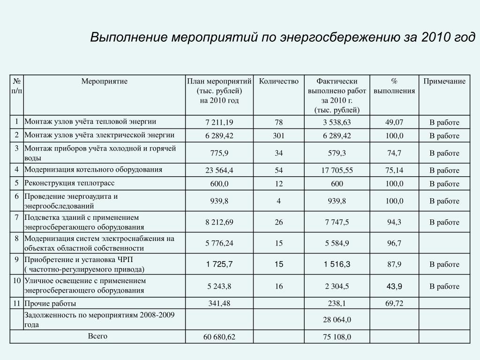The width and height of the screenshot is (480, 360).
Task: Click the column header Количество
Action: coord(278,82)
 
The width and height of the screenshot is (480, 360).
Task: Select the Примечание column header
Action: coord(444,82)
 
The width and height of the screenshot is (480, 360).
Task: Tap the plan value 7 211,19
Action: coord(219,122)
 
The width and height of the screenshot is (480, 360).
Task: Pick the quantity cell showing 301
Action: coord(279,135)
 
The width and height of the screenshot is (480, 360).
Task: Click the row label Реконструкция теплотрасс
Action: coord(69,183)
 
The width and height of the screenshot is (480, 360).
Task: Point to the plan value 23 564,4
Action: coord(219,170)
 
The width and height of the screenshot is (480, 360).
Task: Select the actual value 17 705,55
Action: coord(337,170)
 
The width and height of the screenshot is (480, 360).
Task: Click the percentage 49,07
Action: coord(394,122)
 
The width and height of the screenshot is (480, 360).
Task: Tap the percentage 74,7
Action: coord(394,153)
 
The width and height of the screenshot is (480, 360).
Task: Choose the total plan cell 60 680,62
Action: coord(219,337)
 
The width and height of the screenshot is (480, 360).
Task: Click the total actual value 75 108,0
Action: coord(337,337)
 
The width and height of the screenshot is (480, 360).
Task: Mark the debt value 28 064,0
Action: coord(337,320)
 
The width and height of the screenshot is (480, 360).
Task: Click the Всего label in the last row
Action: coord(97,336)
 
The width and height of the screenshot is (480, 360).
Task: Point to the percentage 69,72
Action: coord(394,303)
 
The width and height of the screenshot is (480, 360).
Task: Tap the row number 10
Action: coord(16,281)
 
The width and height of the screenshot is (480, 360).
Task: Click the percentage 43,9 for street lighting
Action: coord(394,286)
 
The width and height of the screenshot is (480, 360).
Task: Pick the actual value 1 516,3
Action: coord(337,265)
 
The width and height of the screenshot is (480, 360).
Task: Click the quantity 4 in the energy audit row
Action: coord(279,201)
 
